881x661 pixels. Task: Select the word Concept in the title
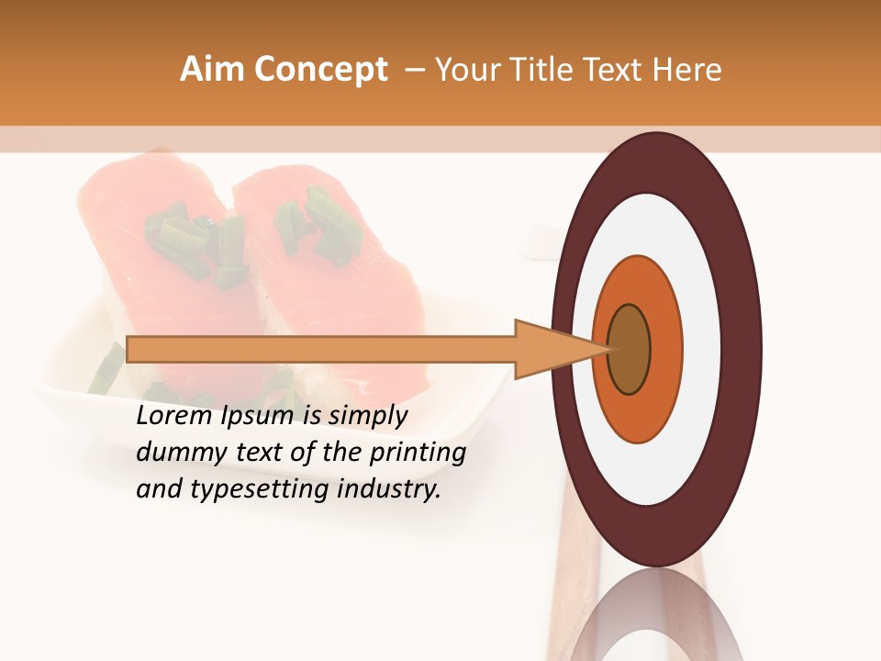(319, 70)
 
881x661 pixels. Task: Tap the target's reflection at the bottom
(656, 615)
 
